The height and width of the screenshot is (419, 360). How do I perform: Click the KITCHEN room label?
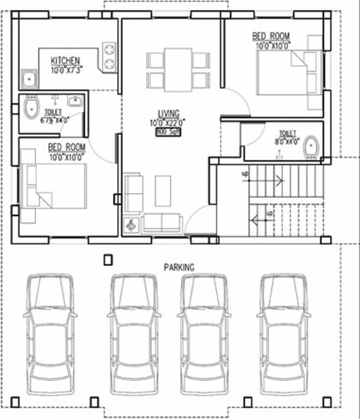(x=65, y=60)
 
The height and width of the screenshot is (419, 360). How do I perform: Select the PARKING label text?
(x=179, y=267)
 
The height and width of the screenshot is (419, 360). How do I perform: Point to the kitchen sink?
(x=28, y=80)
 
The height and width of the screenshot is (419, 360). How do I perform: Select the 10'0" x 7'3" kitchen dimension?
(x=65, y=70)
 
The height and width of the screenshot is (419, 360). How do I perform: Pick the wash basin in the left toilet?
(x=75, y=101)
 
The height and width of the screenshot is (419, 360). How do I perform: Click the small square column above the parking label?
(x=108, y=260)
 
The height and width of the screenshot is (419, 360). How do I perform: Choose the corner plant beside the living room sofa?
(x=131, y=225)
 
